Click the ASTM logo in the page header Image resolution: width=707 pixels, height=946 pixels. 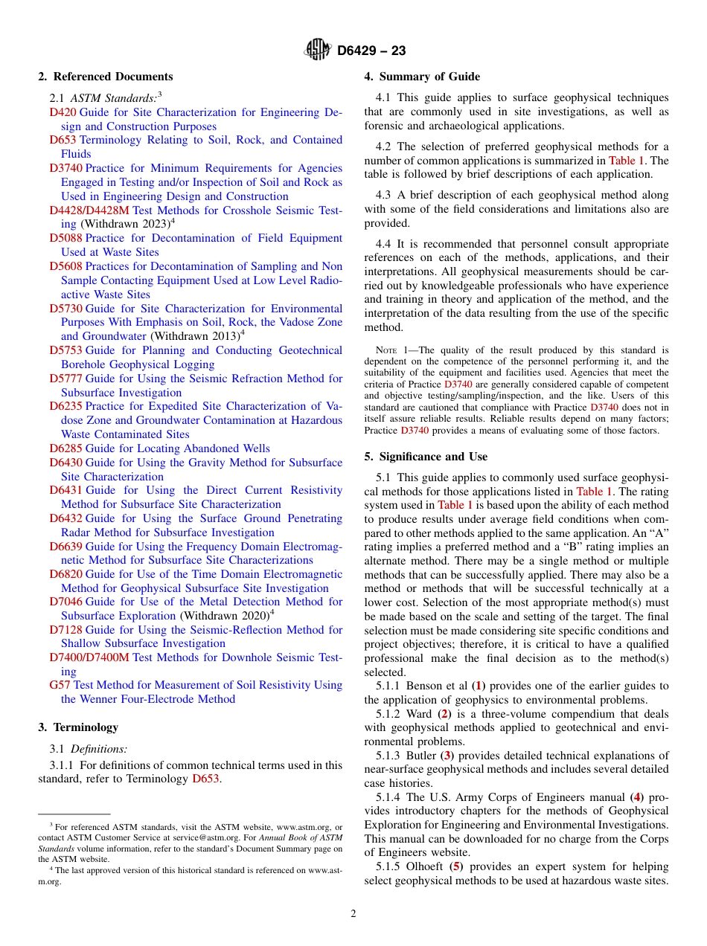pyautogui.click(x=317, y=51)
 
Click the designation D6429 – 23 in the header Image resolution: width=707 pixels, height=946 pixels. pyautogui.click(x=371, y=51)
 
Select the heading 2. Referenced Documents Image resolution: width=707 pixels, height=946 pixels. pyautogui.click(x=106, y=77)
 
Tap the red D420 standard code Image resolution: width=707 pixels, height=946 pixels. pyautogui.click(x=63, y=112)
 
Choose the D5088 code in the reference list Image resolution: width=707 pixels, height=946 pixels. pyautogui.click(x=65, y=238)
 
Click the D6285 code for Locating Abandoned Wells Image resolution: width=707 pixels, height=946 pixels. pyautogui.click(x=65, y=448)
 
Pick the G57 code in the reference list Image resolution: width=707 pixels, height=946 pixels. pyautogui.click(x=60, y=685)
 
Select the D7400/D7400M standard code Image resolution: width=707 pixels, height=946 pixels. pyautogui.click(x=89, y=657)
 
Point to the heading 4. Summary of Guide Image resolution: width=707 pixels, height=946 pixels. pyautogui.click(x=422, y=77)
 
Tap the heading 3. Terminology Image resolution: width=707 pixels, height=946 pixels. pyautogui.click(x=78, y=727)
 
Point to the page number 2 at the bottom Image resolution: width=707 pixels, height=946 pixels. pyautogui.click(x=353, y=914)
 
